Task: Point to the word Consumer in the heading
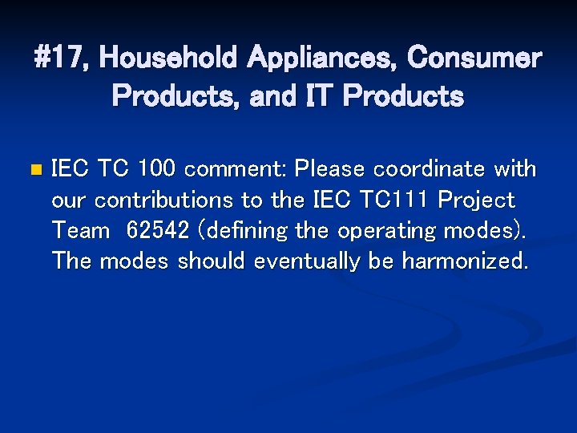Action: (x=474, y=58)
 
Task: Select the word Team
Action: (x=80, y=231)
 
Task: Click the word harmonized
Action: (x=465, y=261)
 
